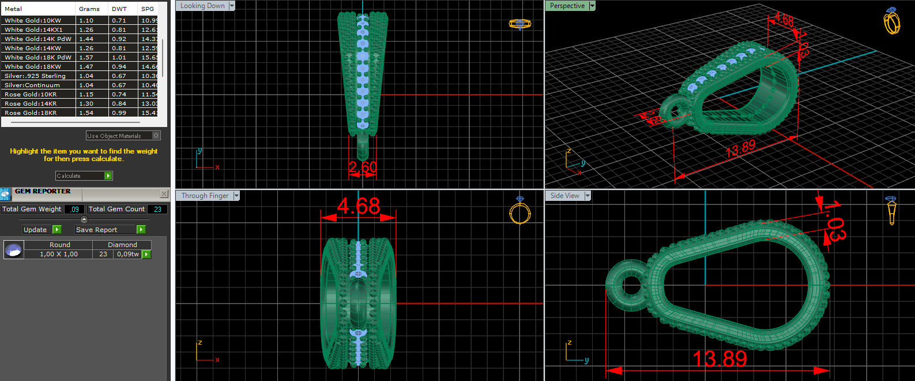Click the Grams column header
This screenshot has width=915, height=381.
coord(89,9)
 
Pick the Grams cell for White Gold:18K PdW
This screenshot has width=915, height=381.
coord(86,57)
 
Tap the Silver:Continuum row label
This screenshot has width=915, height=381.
coord(32,85)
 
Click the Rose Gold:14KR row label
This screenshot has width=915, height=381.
coord(31,103)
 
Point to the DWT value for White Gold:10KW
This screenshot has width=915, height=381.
coord(119,20)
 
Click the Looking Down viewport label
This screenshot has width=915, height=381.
coord(202,6)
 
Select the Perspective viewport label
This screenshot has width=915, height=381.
coord(567,6)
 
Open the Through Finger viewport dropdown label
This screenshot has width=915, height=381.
coord(205,196)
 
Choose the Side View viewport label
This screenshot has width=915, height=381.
coord(564,196)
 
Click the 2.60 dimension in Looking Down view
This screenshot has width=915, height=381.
coord(363,167)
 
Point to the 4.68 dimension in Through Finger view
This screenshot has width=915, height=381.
coord(359,206)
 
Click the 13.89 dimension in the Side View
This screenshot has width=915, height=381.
coord(720,359)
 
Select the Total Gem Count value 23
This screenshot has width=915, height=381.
coord(157,209)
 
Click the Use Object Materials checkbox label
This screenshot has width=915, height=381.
coord(114,136)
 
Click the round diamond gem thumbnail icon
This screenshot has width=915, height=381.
coord(13,249)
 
